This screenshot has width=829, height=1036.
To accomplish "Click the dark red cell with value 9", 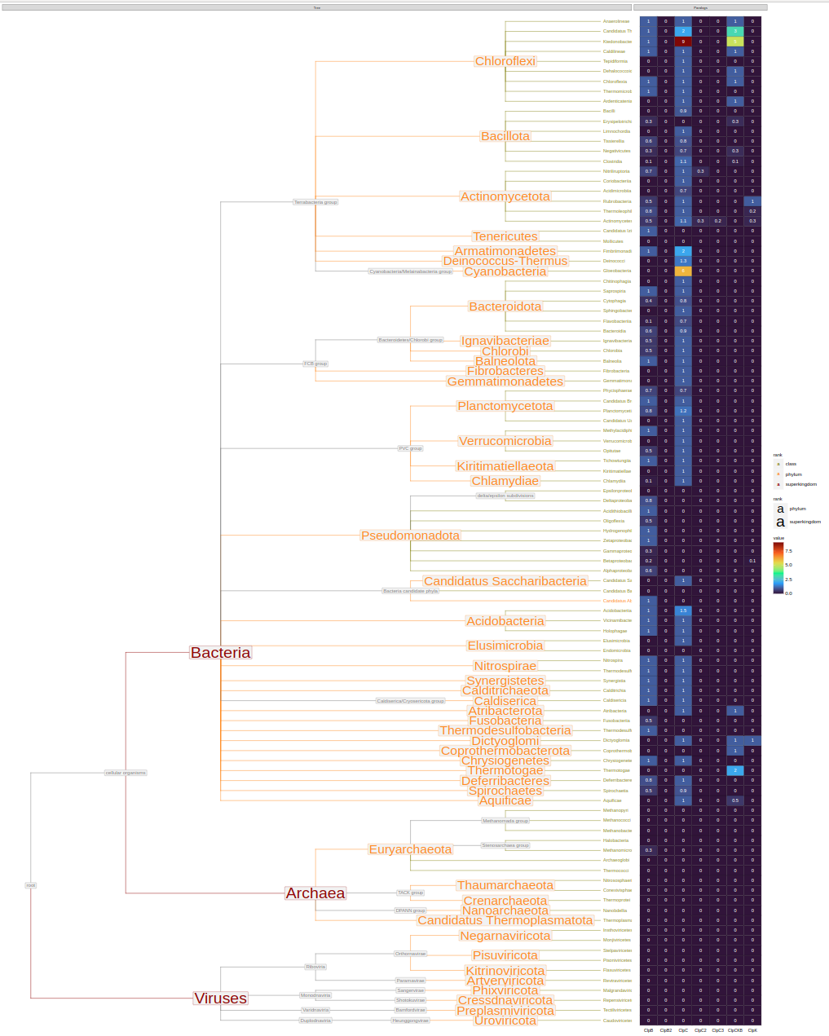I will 683,42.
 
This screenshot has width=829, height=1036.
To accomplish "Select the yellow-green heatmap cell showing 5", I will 735,42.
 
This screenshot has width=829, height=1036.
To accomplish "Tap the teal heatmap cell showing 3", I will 735,31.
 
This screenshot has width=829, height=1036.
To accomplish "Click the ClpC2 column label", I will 700,1030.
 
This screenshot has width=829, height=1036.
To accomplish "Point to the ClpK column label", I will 752,1030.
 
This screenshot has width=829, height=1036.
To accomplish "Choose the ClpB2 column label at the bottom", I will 666,1030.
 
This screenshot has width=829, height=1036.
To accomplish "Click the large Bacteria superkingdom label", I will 220,653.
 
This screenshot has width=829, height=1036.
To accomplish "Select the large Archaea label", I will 315,893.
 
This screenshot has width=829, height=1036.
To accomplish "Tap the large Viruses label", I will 220,999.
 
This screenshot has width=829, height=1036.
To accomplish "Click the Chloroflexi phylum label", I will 505,61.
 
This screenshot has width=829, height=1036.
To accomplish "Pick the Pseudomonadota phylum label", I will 410,536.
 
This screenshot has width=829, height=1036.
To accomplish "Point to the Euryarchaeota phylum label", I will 410,849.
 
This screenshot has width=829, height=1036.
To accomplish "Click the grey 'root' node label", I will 31,885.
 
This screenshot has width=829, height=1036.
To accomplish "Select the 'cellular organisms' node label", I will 126,773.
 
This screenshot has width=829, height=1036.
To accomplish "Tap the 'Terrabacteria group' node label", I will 315,202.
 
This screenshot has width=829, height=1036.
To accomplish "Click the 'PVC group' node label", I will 410,448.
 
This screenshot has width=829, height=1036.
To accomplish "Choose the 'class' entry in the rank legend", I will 791,464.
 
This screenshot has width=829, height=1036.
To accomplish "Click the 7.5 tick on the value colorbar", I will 788,551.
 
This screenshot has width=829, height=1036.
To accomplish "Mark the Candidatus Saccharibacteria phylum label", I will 505,581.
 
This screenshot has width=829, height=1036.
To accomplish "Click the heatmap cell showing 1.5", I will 683,611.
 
